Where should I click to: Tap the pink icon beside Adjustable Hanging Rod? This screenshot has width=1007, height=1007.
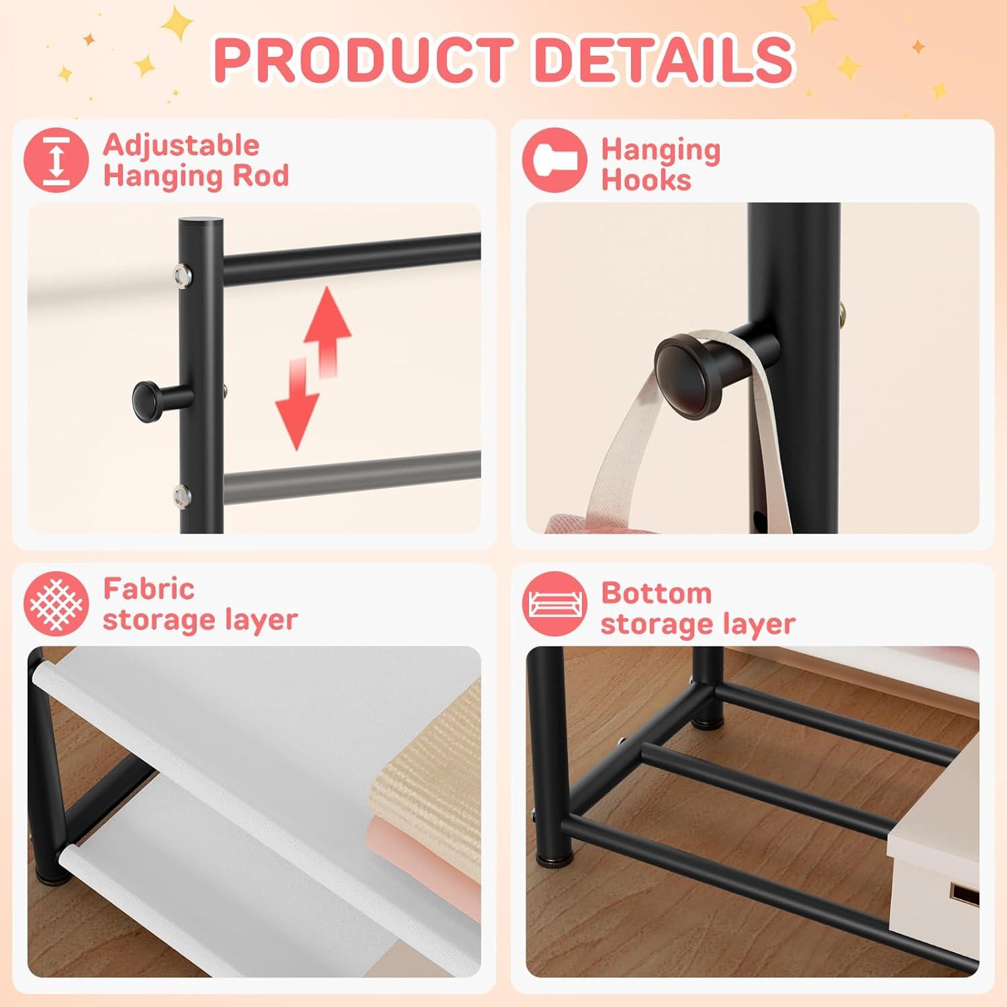pos(56,160)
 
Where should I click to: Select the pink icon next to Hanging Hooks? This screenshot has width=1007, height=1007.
pos(555,160)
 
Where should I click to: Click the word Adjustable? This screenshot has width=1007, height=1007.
pos(181,145)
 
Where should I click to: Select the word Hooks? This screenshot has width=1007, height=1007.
pos(646,180)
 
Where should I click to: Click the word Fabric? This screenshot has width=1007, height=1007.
pos(148,589)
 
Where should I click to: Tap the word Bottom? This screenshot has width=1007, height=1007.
pos(656,593)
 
